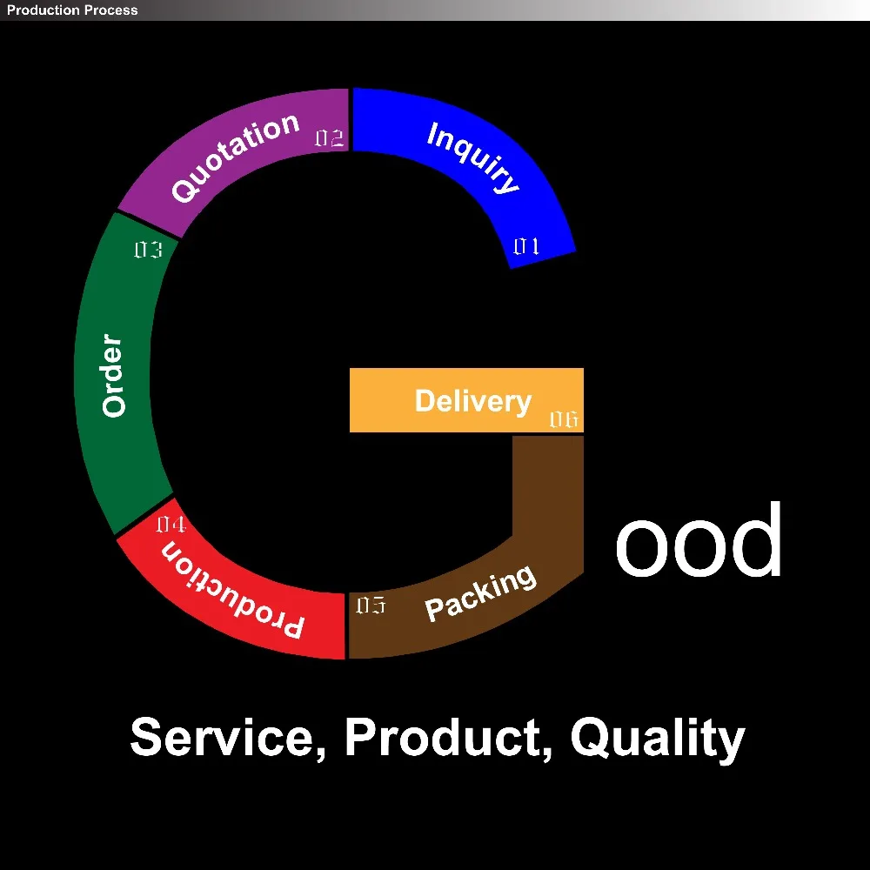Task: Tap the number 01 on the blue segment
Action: (x=526, y=247)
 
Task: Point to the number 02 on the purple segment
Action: (x=329, y=138)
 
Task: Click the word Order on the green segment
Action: (x=114, y=375)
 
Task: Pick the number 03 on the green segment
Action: (x=148, y=251)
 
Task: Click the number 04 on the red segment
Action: (x=171, y=525)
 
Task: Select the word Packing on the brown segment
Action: (x=480, y=593)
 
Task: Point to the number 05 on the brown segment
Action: (x=371, y=606)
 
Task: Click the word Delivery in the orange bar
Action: (x=472, y=401)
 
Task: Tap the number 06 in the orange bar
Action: (x=563, y=420)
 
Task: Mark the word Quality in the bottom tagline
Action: (x=658, y=738)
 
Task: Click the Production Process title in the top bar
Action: (x=72, y=10)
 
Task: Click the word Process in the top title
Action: (x=109, y=10)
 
